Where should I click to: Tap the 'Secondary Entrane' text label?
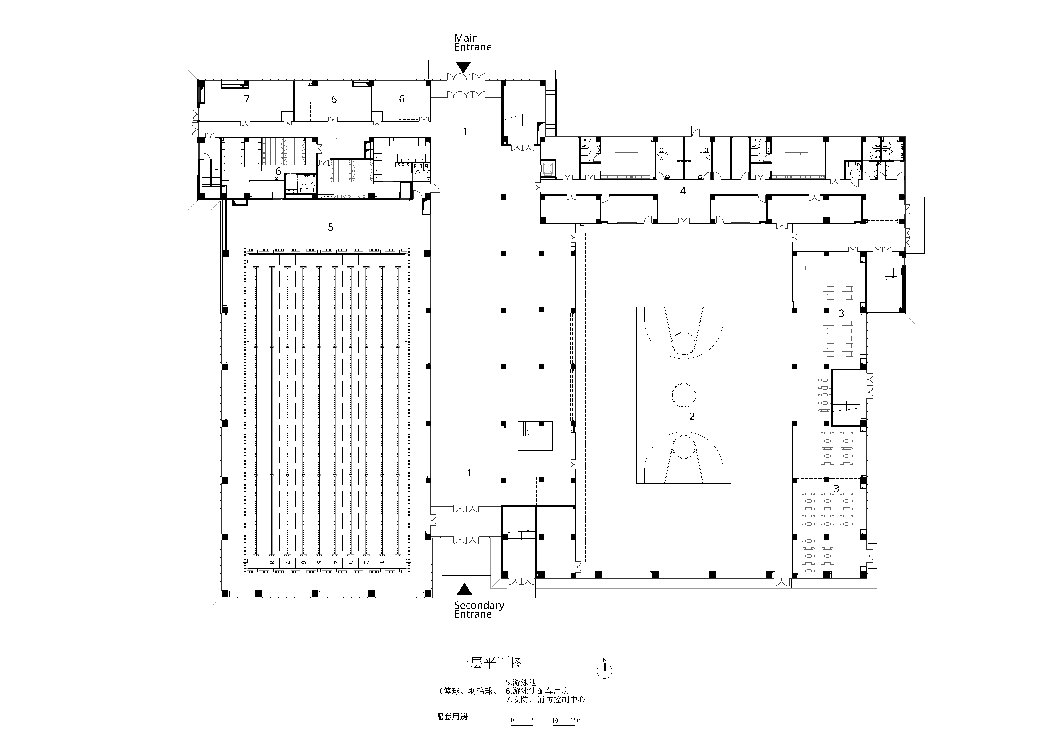479,610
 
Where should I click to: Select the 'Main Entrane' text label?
473,42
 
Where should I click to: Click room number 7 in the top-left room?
247,99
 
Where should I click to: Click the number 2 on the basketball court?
692,417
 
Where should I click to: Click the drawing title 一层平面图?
490,663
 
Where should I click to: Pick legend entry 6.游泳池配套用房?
537,691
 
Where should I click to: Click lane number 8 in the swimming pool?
272,563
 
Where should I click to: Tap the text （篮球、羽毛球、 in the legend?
468,691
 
